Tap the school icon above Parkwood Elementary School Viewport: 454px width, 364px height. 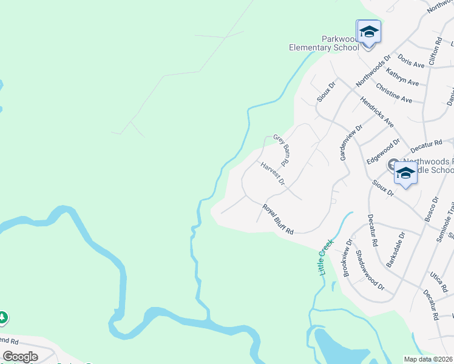(368, 31)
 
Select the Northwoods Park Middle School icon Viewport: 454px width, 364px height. (405, 173)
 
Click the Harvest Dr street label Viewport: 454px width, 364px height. (273, 174)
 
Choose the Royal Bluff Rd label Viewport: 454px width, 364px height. (278, 220)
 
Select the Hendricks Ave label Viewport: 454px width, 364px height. (377, 112)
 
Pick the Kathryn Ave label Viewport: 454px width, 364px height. (402, 77)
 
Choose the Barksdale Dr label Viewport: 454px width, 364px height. (395, 249)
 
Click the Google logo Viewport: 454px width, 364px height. (20, 356)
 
